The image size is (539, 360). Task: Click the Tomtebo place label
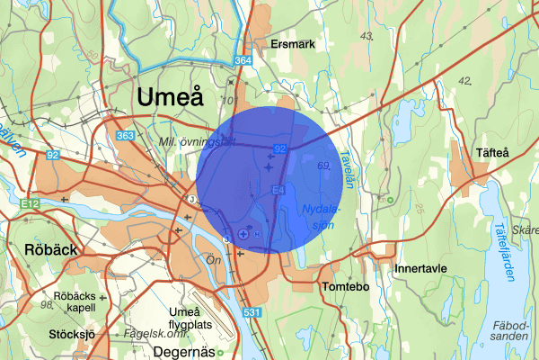pyautogui.click(x=346, y=286)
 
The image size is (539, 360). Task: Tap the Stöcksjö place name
pyautogui.click(x=71, y=335)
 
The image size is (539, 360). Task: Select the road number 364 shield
pyautogui.click(x=243, y=60)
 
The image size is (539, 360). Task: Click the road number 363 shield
pyautogui.click(x=126, y=135)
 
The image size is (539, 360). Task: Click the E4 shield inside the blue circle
pyautogui.click(x=278, y=188)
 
